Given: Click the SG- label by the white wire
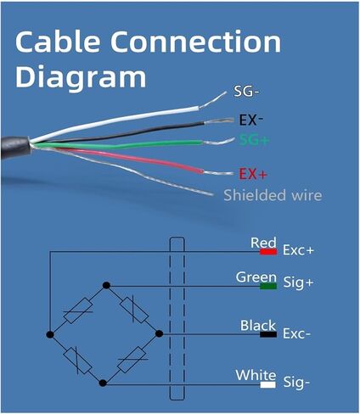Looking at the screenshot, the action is tap(246, 92).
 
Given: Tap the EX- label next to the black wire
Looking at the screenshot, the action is tap(251, 120).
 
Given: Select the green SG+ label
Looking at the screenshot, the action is tap(254, 140).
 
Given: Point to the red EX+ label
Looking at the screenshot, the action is tap(253, 174).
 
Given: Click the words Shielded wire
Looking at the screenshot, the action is tap(273, 195).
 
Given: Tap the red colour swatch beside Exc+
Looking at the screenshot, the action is tap(268, 251).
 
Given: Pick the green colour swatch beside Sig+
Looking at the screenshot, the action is tap(268, 286).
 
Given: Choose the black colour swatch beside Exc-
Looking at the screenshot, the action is tap(268, 334).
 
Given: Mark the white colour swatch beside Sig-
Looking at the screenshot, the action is tap(267, 385).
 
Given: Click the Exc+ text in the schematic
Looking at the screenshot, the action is tap(298, 250).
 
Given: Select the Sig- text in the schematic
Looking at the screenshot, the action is tap(296, 383).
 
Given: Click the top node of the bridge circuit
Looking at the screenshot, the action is tap(106, 285).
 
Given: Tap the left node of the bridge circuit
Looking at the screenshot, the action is tap(50, 334).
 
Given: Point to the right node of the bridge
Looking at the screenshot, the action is tap(160, 334).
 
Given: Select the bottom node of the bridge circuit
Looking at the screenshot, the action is tap(104, 383).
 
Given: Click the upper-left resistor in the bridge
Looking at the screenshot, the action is tap(78, 310).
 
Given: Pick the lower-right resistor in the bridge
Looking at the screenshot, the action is tap(132, 360).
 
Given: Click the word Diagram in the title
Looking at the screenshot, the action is tap(81, 76).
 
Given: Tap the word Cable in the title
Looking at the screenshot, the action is tap(58, 42).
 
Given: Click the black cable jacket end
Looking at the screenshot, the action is tap(15, 147).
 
